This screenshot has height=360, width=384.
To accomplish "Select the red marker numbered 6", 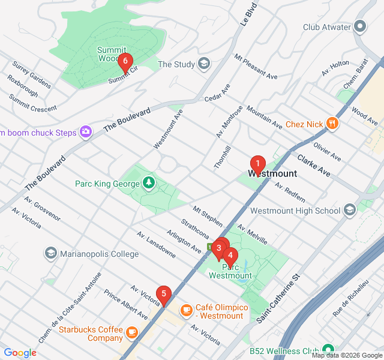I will [x=125, y=61].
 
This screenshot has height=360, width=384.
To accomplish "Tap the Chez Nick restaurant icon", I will [x=332, y=124].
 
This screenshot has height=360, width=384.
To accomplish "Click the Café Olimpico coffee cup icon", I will [x=186, y=310].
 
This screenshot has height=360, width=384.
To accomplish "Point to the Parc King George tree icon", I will [x=148, y=182].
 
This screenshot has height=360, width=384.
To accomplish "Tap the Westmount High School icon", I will [x=350, y=211].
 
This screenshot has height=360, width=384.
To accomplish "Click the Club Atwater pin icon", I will [x=360, y=26].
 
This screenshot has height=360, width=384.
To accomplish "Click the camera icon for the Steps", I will [x=85, y=131].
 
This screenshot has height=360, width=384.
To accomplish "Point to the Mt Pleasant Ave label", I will [x=256, y=67].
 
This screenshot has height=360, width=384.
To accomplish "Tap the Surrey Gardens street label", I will [x=29, y=73].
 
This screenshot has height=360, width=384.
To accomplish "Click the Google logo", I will [x=20, y=352].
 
